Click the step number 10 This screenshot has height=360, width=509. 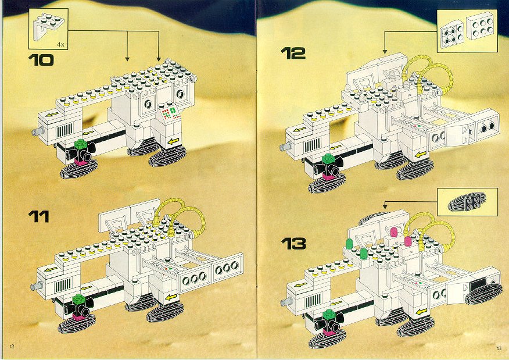[41, 60]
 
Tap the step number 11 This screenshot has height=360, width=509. [38, 216]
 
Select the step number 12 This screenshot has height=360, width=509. [293, 54]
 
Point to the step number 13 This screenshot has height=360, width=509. [293, 244]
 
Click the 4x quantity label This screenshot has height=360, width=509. [60, 45]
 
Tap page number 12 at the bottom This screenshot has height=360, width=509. [12, 346]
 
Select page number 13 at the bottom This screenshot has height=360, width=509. [499, 348]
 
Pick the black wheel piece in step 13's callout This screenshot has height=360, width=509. [467, 202]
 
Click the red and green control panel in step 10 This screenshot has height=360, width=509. [169, 112]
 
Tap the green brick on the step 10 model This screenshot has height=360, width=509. [80, 145]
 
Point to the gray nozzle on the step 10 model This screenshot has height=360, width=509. [37, 131]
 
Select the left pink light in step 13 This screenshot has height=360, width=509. [394, 232]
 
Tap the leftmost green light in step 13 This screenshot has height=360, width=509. [349, 244]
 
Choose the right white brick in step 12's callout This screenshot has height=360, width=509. [479, 27]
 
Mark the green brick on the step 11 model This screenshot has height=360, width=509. [78, 300]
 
